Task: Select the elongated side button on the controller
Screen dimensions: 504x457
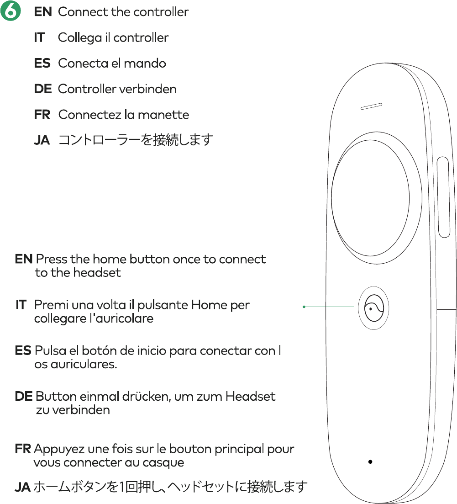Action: click(x=443, y=197)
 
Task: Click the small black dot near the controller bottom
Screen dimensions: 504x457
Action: click(x=371, y=462)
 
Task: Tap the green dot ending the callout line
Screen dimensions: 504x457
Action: click(x=304, y=307)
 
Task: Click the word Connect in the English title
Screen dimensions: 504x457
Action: click(x=77, y=12)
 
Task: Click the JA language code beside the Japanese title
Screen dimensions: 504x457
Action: click(x=42, y=140)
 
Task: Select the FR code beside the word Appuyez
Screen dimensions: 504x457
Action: click(x=23, y=449)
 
